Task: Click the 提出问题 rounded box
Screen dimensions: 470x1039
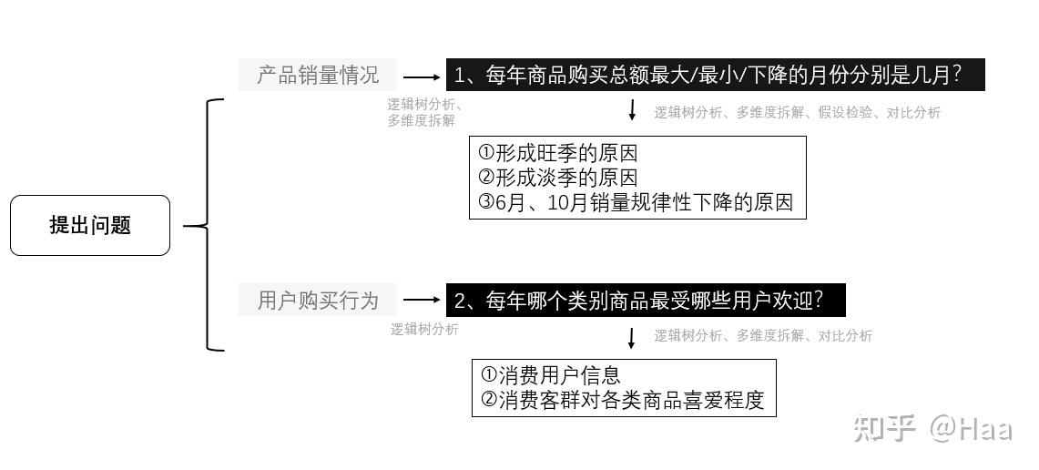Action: [x=89, y=225]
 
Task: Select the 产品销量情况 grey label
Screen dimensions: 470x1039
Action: [x=318, y=75]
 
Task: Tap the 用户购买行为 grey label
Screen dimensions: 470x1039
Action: [x=318, y=300]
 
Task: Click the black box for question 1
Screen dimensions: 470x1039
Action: [x=715, y=75]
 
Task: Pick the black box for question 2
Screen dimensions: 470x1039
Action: [x=645, y=300]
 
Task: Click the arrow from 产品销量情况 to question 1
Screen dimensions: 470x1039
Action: [x=421, y=78]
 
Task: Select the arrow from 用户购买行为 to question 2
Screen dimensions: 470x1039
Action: [x=421, y=299]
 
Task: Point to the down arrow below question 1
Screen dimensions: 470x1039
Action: [x=632, y=110]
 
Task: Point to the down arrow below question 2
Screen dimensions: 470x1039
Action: [x=632, y=337]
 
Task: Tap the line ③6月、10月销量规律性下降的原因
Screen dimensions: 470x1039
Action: [x=636, y=202]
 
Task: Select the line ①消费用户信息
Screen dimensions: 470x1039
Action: [x=550, y=374]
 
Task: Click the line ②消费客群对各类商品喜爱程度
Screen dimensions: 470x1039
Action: [x=622, y=400]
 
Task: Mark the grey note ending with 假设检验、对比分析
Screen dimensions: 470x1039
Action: [x=797, y=113]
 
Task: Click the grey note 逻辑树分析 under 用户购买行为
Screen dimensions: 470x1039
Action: [x=424, y=330]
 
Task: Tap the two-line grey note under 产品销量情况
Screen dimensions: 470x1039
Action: [x=424, y=112]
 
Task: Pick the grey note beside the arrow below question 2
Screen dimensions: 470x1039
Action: [x=762, y=336]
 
